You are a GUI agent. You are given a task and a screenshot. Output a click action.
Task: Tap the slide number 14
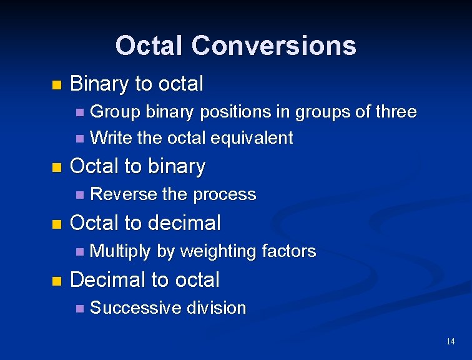[450, 341]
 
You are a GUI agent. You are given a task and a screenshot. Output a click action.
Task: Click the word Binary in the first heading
[95, 83]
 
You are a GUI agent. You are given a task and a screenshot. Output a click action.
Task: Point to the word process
[225, 195]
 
